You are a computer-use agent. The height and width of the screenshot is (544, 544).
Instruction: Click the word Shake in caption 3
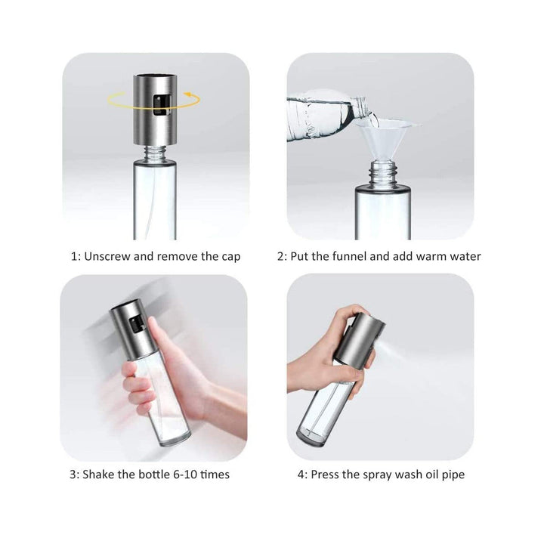pos(98,475)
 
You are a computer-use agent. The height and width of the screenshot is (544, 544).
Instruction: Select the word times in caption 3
pos(215,475)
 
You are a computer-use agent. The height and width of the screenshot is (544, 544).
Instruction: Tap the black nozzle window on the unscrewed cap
pos(158,107)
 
